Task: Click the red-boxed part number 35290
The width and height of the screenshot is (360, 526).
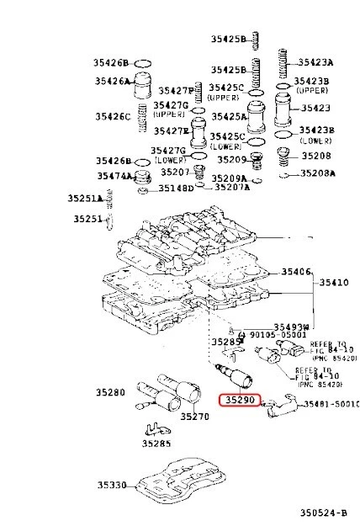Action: tap(240, 401)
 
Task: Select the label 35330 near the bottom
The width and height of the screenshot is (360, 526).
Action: tap(110, 486)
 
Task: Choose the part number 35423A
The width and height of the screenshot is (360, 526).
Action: tap(317, 62)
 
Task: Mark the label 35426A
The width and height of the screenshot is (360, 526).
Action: tap(112, 82)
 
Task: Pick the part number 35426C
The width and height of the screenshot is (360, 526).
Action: tap(112, 117)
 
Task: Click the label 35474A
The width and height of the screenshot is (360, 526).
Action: tap(113, 176)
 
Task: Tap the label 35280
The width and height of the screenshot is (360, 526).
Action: tap(110, 392)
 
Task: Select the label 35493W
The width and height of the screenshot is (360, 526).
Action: tap(291, 327)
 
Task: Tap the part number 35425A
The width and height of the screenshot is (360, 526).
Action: tap(227, 116)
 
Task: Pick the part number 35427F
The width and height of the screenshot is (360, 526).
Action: tap(175, 90)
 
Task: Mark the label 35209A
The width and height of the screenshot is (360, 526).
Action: tap(229, 178)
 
